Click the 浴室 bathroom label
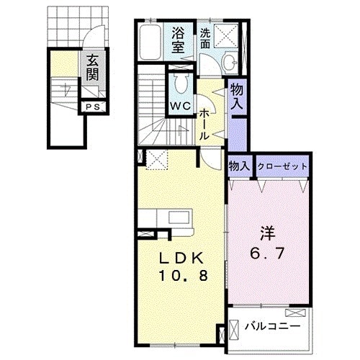pos(179,39)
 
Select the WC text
pos(179,105)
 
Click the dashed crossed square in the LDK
pos(156,160)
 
